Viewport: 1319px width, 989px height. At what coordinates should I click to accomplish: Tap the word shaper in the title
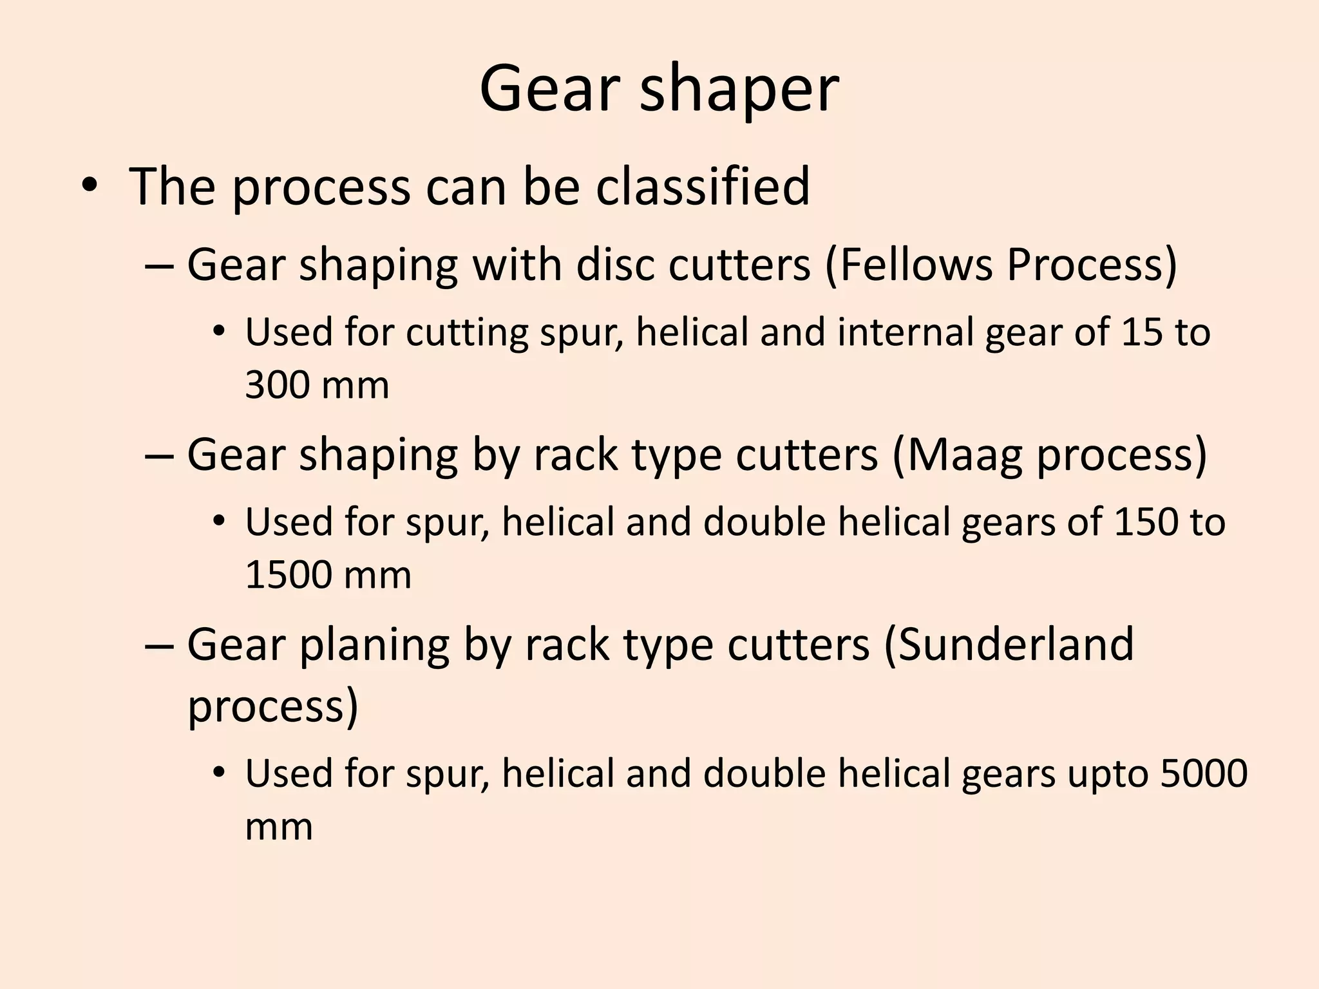[x=739, y=90]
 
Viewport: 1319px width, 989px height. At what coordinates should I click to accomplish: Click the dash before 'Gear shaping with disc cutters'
[x=160, y=266]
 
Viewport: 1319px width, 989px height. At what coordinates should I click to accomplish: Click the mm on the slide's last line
[x=279, y=827]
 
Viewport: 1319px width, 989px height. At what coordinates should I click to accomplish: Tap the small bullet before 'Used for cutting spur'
[x=219, y=333]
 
